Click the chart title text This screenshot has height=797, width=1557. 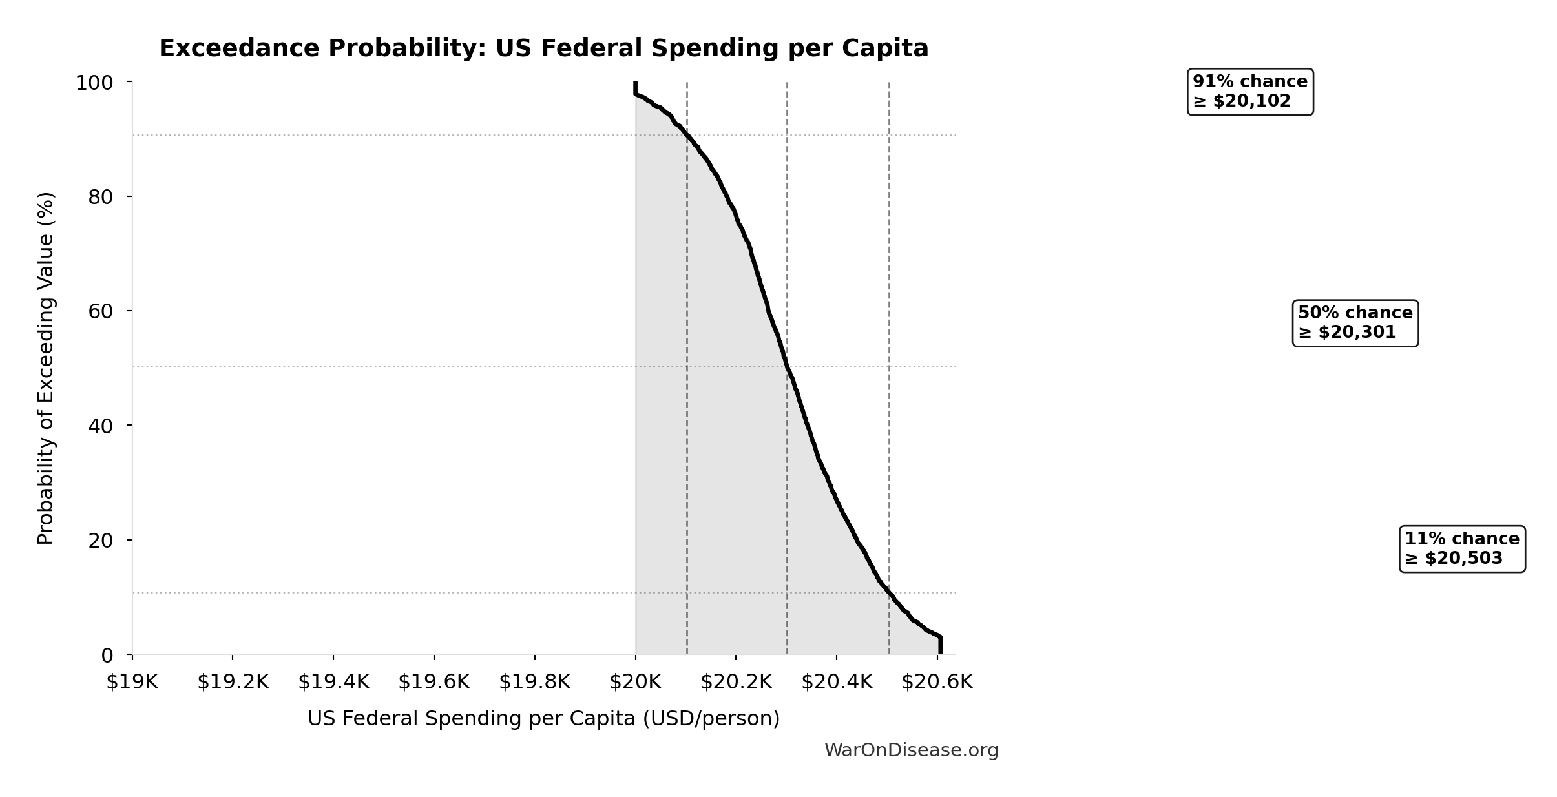(543, 49)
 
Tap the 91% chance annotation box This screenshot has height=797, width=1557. (1249, 92)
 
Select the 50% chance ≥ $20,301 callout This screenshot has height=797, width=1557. (1355, 323)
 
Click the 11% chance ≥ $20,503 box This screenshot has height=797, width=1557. (1461, 549)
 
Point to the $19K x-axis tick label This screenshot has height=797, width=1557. (132, 682)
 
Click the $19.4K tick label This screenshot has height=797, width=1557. (333, 682)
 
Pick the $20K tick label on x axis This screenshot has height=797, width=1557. (635, 682)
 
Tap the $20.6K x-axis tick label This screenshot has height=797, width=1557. (937, 682)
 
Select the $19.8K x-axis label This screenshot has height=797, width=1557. (534, 682)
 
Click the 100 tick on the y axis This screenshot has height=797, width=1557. (94, 83)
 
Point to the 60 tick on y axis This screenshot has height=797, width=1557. (101, 311)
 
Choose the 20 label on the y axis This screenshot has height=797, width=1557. (101, 541)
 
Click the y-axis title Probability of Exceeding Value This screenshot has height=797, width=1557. (46, 368)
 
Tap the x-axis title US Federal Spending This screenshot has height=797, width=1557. (543, 719)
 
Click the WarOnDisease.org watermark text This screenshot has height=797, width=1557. (911, 750)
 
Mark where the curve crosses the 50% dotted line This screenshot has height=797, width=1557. (787, 367)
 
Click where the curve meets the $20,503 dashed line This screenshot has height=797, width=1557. (889, 592)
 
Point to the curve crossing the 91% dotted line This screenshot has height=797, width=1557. (687, 136)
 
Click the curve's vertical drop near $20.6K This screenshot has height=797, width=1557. (940, 645)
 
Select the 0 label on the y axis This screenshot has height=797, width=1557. (107, 656)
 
